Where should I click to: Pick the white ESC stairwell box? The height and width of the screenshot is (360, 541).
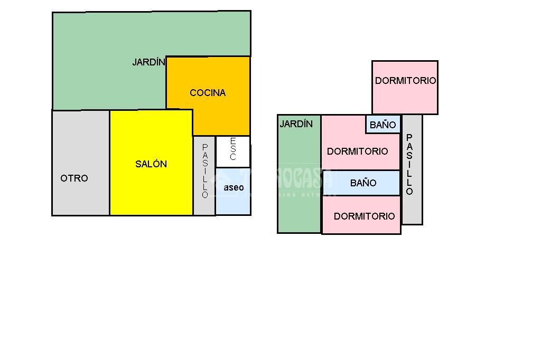click(x=233, y=151)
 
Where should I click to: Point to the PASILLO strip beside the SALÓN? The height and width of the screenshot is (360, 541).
click(x=204, y=174)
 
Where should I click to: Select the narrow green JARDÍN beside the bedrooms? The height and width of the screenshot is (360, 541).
click(x=299, y=179)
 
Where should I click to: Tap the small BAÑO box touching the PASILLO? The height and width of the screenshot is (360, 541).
click(x=383, y=125)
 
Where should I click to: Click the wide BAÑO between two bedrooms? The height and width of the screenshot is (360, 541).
click(x=363, y=183)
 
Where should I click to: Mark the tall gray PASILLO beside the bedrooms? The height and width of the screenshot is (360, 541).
click(x=412, y=169)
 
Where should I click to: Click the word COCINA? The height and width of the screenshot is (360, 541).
click(x=208, y=93)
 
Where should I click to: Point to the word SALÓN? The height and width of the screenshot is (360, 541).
click(x=151, y=164)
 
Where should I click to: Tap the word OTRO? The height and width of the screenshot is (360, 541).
click(x=74, y=178)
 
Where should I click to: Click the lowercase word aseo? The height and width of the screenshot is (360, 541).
click(x=234, y=187)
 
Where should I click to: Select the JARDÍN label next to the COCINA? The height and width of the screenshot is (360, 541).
click(x=148, y=62)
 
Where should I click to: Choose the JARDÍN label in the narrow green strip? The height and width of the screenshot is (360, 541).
click(x=296, y=124)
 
